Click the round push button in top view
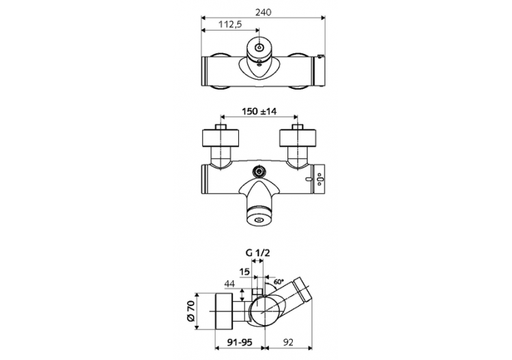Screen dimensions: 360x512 pos(259,48)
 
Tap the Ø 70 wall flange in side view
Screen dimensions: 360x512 pos(225,311)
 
